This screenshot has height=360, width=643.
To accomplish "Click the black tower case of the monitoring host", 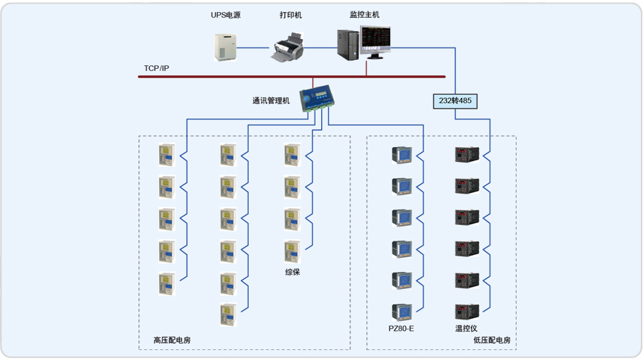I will (347, 45).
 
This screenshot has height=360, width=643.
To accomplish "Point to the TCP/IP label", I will (156, 68).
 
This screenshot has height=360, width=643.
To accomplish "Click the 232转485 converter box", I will (455, 101).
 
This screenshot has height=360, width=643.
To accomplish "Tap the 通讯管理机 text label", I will (271, 101).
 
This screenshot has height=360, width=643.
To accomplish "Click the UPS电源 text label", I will (225, 15).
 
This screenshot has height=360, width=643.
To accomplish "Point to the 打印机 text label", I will (291, 15).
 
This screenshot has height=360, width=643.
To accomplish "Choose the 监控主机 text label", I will (364, 15).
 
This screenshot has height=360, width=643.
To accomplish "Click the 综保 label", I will (293, 271).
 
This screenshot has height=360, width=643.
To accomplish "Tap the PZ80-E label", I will (401, 329).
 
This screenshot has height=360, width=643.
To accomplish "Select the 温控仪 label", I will (467, 329).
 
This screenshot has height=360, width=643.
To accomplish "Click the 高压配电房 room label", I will (172, 340).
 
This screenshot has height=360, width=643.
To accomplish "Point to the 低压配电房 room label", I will (492, 340).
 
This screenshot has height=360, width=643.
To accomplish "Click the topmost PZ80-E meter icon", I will (401, 155).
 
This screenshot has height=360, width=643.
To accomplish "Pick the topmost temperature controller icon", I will (467, 155).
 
